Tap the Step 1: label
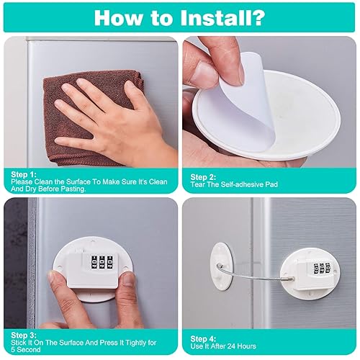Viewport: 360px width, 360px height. [x=24, y=174]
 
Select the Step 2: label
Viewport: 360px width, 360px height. [x=203, y=177]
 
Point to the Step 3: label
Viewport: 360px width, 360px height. [x=24, y=335]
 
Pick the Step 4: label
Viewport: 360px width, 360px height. [x=203, y=339]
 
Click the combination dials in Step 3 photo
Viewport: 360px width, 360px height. [x=102, y=262]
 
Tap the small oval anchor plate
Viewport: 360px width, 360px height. [x=222, y=266]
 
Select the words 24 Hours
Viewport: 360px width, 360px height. [x=242, y=346]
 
